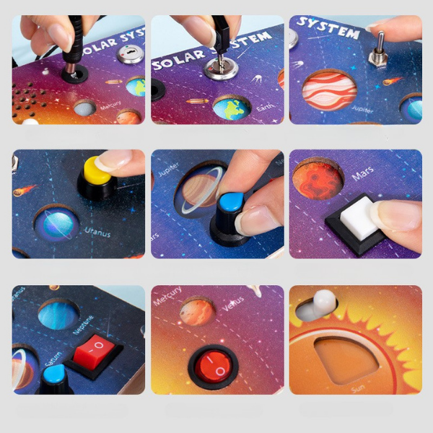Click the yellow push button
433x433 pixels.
click(97, 170)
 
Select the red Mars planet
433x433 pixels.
click(318, 180)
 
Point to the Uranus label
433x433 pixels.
click(97, 231)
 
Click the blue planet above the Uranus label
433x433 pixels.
click(56, 225)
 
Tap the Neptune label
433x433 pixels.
click(81, 336)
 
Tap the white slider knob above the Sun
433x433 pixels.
click(324, 302)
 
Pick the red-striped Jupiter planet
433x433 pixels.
click(329, 90)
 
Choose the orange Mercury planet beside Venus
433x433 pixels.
click(196, 311)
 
